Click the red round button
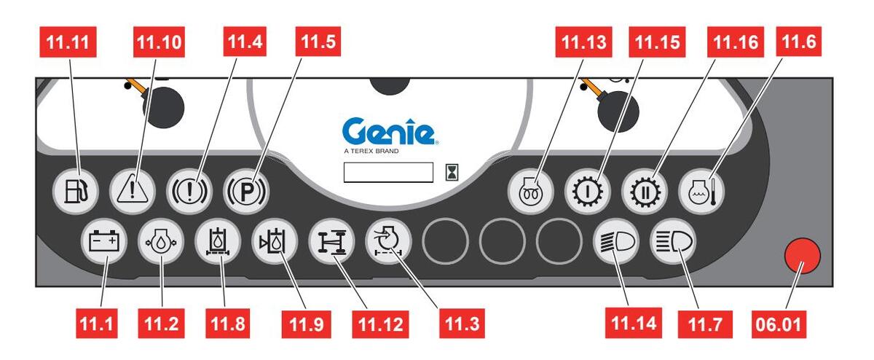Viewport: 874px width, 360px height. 802,257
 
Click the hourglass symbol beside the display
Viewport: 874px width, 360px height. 453,172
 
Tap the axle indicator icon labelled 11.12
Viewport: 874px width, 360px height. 331,240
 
